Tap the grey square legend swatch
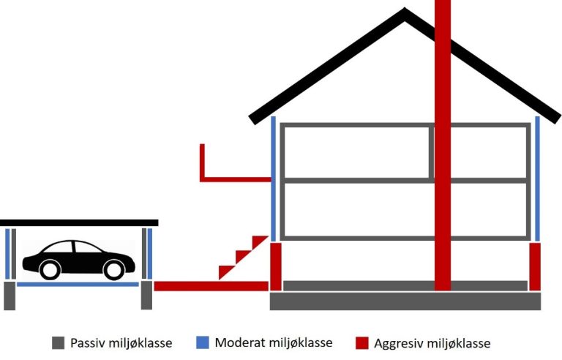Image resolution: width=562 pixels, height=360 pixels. (x=59, y=342)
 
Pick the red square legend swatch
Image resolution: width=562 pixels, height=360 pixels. (x=361, y=342)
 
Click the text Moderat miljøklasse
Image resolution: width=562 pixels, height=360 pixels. (x=274, y=342)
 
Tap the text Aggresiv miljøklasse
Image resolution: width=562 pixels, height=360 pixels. (x=432, y=342)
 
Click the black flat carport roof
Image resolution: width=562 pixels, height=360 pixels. (x=79, y=222)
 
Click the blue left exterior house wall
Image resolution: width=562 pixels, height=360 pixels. (x=274, y=179)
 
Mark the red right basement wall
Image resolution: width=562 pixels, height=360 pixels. (x=535, y=266)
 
